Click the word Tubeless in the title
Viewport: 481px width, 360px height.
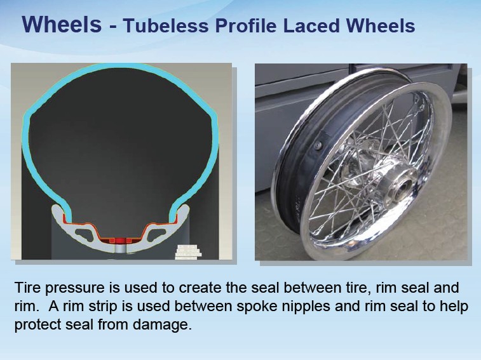[x=166, y=25]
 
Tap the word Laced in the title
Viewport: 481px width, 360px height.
[x=312, y=25]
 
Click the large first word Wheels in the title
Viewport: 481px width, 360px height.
[x=62, y=24]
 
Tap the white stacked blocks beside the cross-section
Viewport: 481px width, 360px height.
[x=188, y=252]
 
